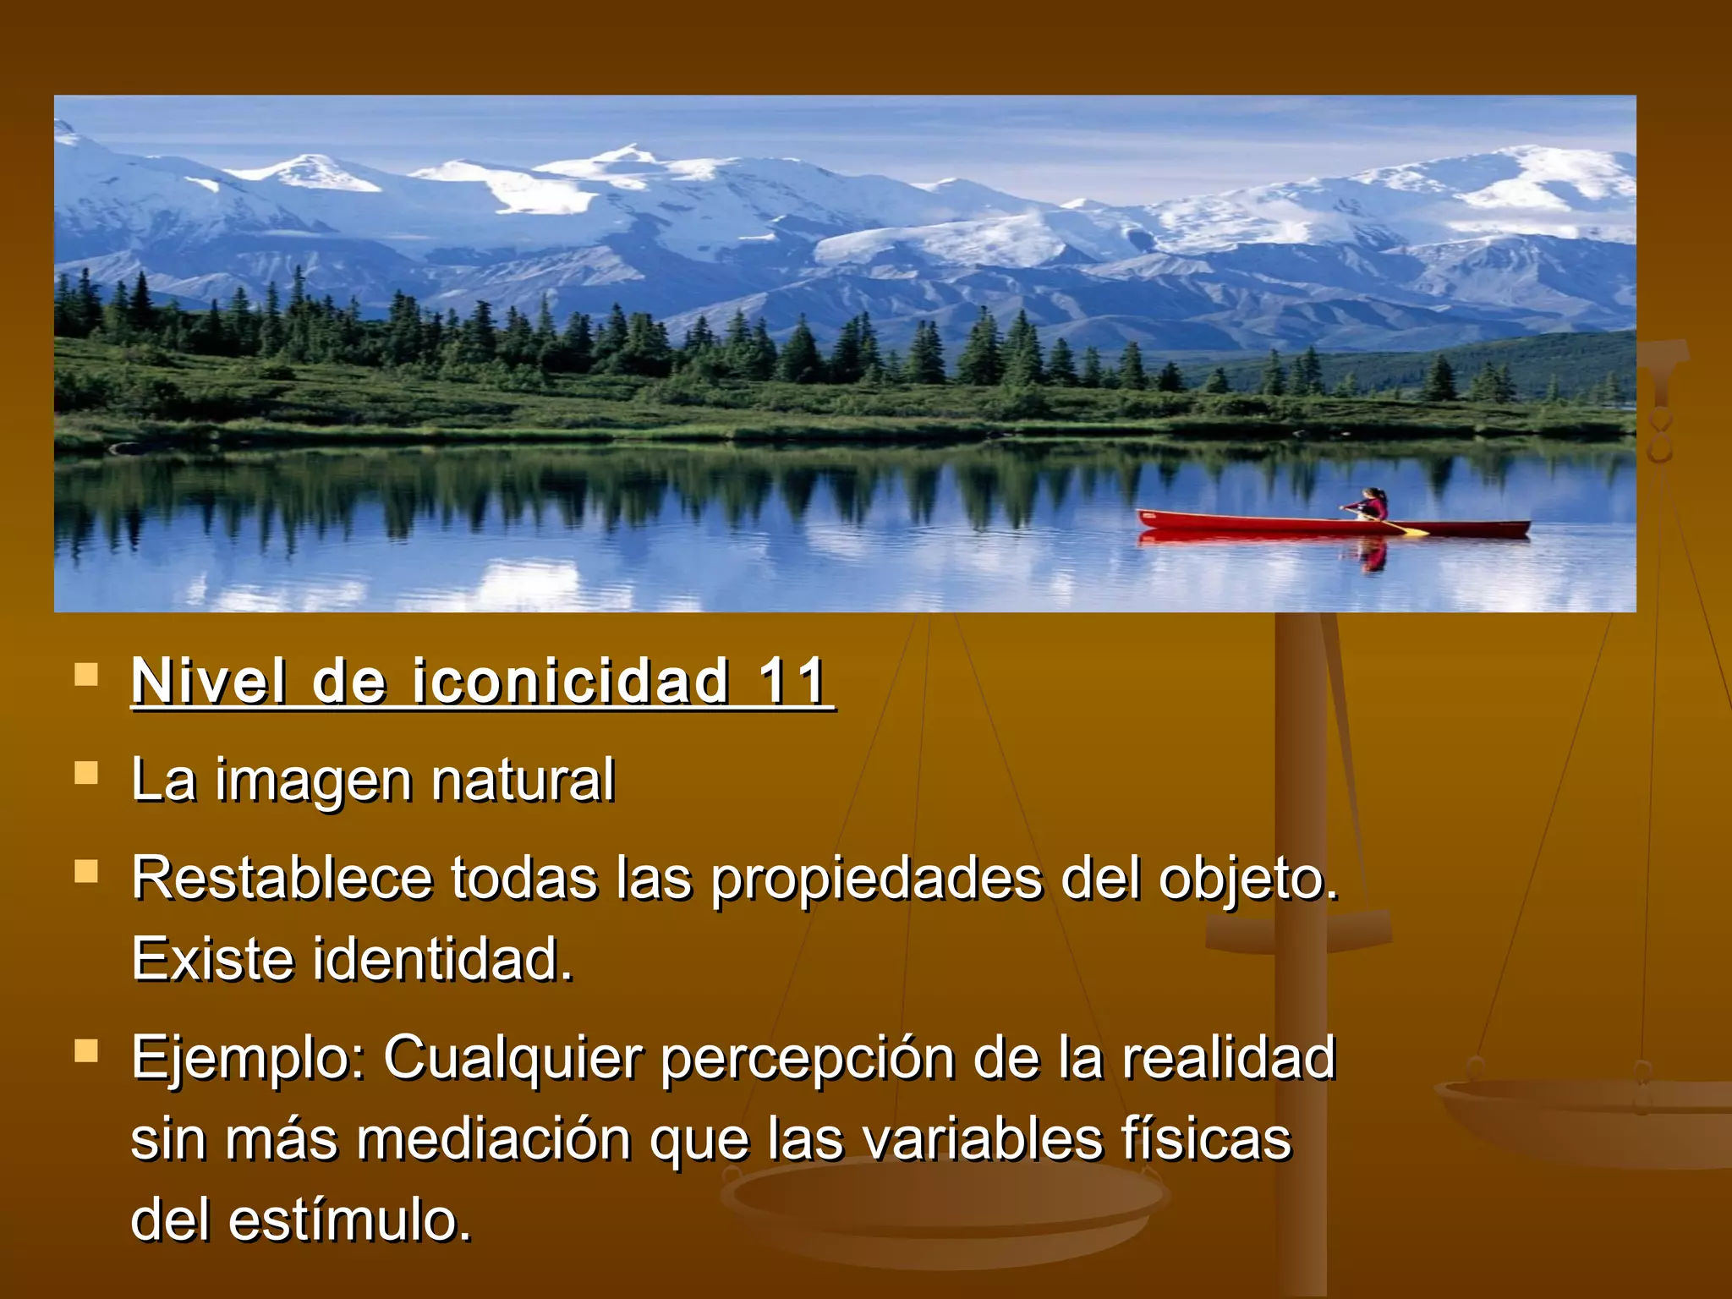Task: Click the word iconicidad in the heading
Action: click(x=570, y=681)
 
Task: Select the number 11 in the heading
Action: click(x=791, y=681)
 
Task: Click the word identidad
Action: click(x=443, y=960)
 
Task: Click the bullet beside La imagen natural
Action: click(x=86, y=774)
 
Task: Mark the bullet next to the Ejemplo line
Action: click(x=86, y=1051)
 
